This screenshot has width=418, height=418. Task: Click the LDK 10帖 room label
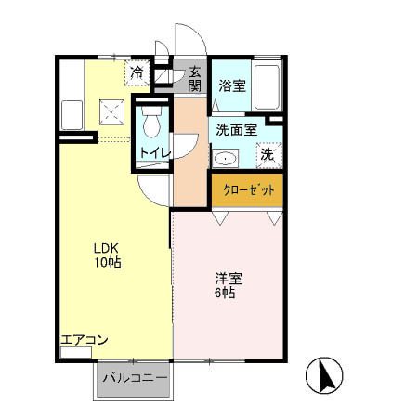tap(106, 255)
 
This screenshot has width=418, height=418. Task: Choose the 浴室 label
tap(231, 86)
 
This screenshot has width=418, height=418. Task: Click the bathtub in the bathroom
tap(268, 86)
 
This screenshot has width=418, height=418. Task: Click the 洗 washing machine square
tap(268, 154)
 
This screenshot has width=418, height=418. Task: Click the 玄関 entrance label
tap(195, 78)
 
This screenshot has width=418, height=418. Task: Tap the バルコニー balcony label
tap(134, 379)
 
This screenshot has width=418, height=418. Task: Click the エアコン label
tap(85, 340)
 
